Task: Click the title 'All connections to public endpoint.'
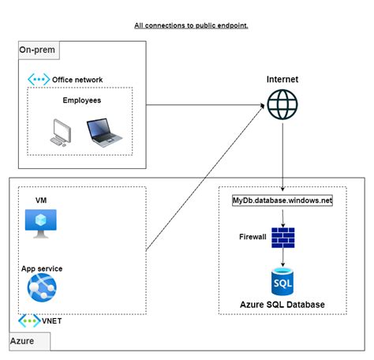click(x=191, y=25)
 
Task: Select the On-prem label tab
click(x=38, y=51)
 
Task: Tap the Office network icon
click(x=39, y=79)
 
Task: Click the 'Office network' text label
click(x=77, y=80)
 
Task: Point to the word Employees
click(x=81, y=100)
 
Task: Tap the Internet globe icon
click(x=282, y=104)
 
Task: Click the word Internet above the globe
click(x=282, y=80)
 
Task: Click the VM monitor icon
click(x=37, y=223)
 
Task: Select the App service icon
click(x=42, y=289)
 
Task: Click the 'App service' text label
click(x=42, y=268)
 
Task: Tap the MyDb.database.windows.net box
click(x=282, y=201)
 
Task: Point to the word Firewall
click(x=253, y=236)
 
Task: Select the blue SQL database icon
click(x=282, y=279)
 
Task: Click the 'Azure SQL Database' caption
click(x=282, y=305)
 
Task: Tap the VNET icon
click(x=30, y=321)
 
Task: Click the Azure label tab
click(x=28, y=341)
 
